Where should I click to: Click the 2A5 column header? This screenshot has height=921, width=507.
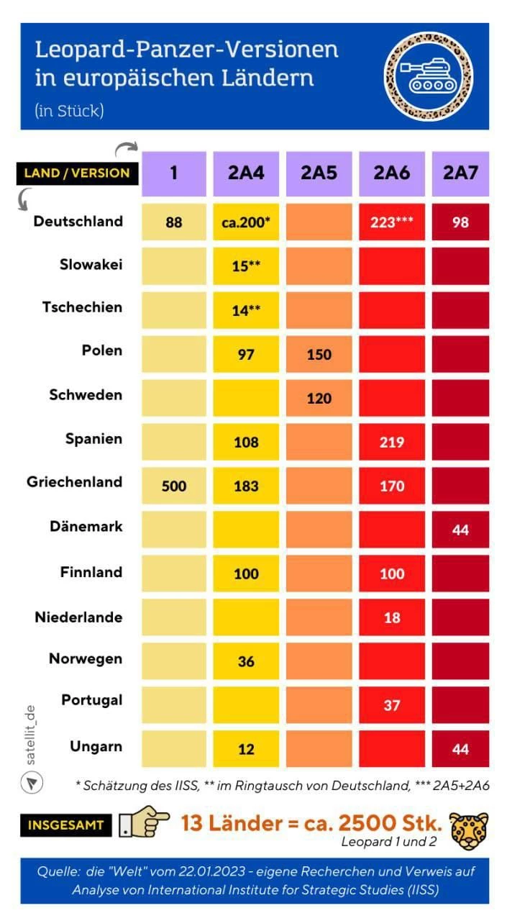click(x=319, y=173)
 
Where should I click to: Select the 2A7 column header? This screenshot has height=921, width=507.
click(x=460, y=173)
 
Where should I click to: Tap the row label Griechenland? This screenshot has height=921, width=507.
click(x=75, y=482)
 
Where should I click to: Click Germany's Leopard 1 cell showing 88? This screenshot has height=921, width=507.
click(x=174, y=222)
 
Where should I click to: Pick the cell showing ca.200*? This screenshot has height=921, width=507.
click(x=246, y=222)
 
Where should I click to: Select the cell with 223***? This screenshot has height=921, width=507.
click(x=392, y=222)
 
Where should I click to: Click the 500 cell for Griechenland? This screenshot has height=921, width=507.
click(x=174, y=486)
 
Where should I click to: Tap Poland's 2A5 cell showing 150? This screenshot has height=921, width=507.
click(x=319, y=355)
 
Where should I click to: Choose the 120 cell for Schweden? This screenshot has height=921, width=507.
click(x=319, y=399)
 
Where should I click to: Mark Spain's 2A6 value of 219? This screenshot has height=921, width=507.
click(x=392, y=443)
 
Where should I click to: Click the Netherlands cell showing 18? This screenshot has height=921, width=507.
click(x=392, y=617)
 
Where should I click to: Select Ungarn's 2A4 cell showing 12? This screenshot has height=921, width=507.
click(x=246, y=749)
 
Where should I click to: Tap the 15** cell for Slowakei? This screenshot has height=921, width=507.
click(x=246, y=266)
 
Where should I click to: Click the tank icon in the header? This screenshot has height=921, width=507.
click(x=429, y=76)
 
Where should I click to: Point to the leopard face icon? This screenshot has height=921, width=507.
click(x=469, y=831)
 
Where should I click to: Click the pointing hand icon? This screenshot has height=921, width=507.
click(x=144, y=825)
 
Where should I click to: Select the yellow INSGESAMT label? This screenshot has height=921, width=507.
click(x=65, y=825)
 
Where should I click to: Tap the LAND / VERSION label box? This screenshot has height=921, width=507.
click(x=77, y=173)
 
